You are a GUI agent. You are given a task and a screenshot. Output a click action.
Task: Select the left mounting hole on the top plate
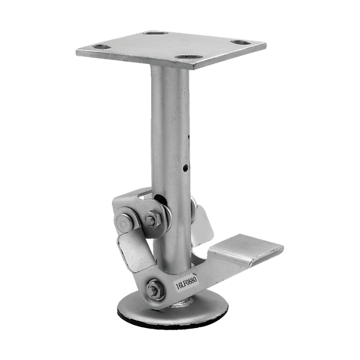(102, 47)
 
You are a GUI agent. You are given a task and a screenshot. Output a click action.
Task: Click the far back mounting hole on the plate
(155, 33)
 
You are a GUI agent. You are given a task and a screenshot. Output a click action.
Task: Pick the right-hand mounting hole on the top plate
(241, 42)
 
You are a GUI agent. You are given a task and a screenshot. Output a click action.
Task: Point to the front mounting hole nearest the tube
(188, 57)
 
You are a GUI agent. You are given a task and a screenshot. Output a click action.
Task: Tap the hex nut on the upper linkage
(151, 219)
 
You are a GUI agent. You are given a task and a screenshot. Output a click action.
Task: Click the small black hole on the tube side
(185, 168)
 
